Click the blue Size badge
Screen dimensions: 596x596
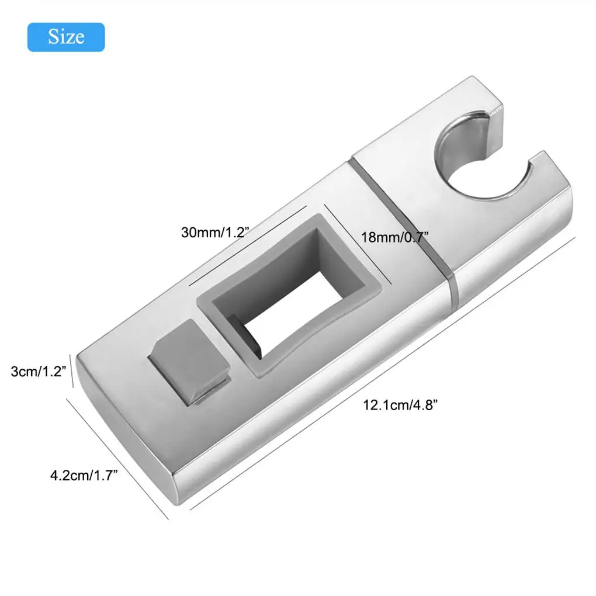[x=66, y=37]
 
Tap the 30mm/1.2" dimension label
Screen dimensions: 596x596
[x=216, y=231]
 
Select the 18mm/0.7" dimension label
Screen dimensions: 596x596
[x=396, y=237]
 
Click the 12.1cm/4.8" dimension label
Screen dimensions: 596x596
[x=400, y=404]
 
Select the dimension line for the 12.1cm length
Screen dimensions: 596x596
[x=383, y=373]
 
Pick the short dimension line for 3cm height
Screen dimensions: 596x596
[x=71, y=370]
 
